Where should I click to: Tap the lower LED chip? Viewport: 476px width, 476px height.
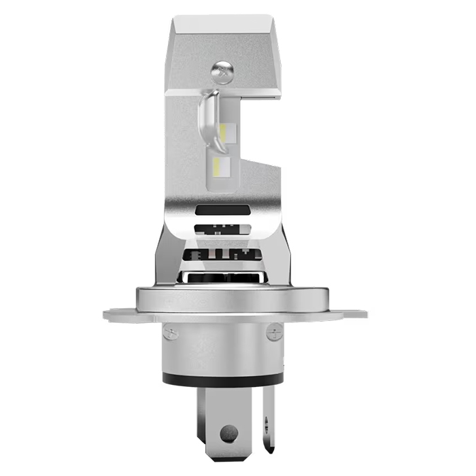point(222,165)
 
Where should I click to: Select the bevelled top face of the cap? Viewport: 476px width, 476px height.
point(222,27)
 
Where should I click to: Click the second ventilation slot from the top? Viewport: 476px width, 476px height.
point(219,230)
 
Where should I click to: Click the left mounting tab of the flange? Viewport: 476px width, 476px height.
point(120,315)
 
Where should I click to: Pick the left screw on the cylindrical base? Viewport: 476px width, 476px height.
point(172,333)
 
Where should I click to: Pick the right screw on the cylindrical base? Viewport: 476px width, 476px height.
point(274,333)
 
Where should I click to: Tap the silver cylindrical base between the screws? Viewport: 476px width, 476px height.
point(222,347)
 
